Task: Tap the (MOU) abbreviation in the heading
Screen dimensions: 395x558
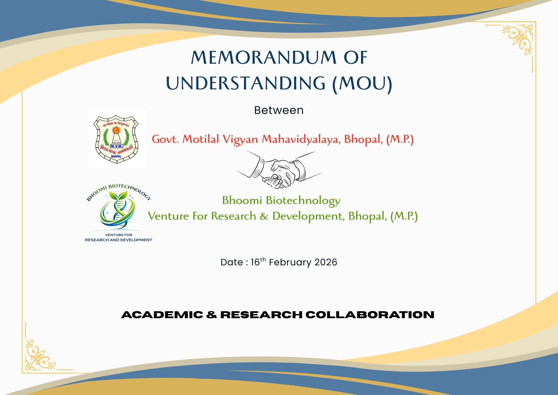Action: pyautogui.click(x=362, y=83)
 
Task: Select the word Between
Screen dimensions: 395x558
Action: pyautogui.click(x=279, y=110)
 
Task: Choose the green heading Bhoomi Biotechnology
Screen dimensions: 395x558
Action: pyautogui.click(x=281, y=200)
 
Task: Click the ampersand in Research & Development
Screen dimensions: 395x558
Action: pyautogui.click(x=264, y=216)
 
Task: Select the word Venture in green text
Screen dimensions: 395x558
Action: pyautogui.click(x=168, y=216)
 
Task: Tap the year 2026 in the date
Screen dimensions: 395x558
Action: pyautogui.click(x=326, y=262)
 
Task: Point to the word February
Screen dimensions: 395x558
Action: pyautogui.click(x=290, y=262)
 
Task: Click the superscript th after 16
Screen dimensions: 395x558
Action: pyautogui.click(x=263, y=259)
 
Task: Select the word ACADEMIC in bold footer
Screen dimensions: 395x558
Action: pyautogui.click(x=162, y=315)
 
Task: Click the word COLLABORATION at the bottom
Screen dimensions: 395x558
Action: pyautogui.click(x=370, y=315)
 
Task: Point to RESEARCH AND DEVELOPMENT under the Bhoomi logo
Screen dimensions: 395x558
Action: pyautogui.click(x=118, y=240)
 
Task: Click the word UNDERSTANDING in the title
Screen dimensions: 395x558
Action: pyautogui.click(x=246, y=83)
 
